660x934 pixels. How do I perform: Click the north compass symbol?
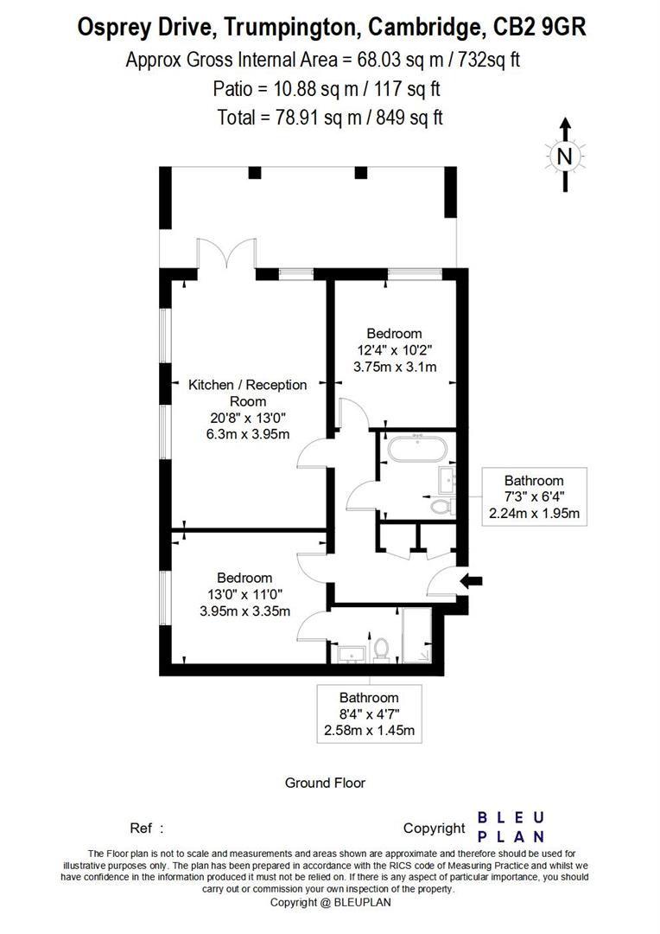pyautogui.click(x=564, y=156)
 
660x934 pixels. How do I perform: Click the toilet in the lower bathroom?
pyautogui.click(x=382, y=648)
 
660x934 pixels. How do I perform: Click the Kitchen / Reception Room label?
pyautogui.click(x=248, y=393)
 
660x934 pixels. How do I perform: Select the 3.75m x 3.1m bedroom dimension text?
pyautogui.click(x=394, y=367)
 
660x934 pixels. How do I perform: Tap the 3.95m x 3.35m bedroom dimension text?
pyautogui.click(x=244, y=611)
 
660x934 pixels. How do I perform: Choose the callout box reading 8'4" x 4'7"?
pyautogui.click(x=369, y=714)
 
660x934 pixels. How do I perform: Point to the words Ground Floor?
pyautogui.click(x=325, y=783)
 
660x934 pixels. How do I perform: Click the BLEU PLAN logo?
pyautogui.click(x=511, y=827)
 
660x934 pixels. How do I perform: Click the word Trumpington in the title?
pyautogui.click(x=288, y=27)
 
